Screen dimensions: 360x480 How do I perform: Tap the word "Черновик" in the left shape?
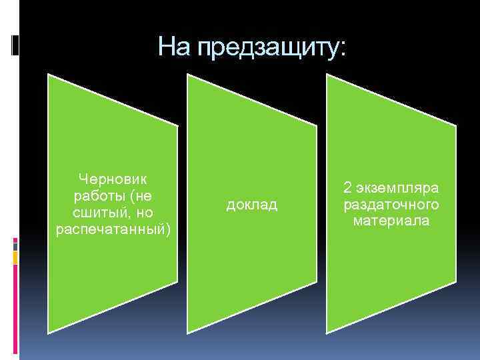114,179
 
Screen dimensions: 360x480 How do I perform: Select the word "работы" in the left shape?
97,196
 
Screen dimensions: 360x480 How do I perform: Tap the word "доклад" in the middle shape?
252,204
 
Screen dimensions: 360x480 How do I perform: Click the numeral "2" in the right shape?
347,187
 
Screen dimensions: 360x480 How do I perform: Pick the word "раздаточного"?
391,204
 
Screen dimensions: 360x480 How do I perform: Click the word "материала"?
391,221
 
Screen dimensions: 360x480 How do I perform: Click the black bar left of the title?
15,44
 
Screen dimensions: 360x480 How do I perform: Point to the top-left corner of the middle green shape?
187,75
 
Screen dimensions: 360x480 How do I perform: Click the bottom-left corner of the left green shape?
49,331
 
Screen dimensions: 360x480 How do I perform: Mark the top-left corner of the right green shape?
327,75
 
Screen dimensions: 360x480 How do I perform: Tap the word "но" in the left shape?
145,213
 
